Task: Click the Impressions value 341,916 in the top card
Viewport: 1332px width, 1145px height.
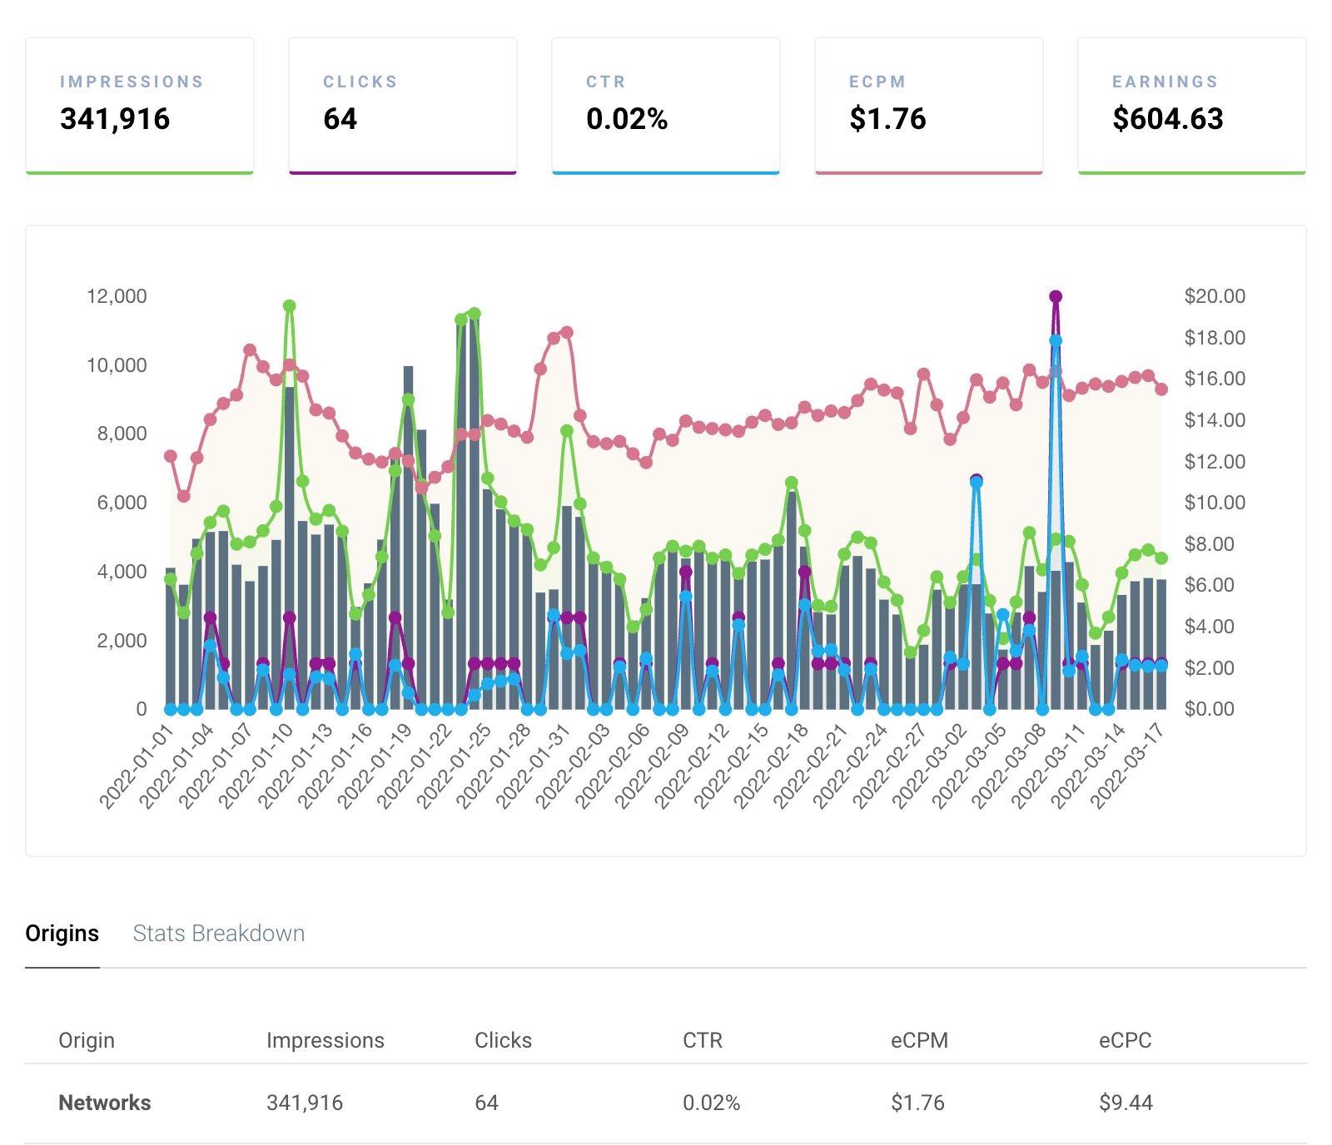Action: click(x=115, y=119)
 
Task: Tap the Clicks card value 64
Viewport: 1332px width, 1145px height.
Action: click(x=340, y=119)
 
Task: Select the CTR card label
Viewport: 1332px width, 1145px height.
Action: click(x=605, y=82)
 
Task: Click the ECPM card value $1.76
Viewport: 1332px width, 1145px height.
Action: click(x=887, y=119)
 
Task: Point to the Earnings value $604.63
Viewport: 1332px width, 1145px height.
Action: click(x=1167, y=119)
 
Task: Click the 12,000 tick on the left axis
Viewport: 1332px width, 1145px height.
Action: click(x=117, y=296)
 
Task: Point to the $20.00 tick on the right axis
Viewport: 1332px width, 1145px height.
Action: click(x=1215, y=296)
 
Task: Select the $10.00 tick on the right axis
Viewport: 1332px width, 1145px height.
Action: click(x=1215, y=503)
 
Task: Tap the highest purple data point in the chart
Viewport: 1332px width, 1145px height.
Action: click(x=1056, y=297)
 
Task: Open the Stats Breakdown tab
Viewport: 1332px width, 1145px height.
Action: click(x=219, y=934)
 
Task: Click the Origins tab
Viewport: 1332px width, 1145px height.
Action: click(x=62, y=934)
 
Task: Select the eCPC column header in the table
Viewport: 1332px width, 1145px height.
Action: click(x=1125, y=1040)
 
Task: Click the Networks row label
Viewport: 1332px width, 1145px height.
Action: click(x=105, y=1103)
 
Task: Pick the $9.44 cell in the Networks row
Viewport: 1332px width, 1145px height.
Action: click(x=1126, y=1103)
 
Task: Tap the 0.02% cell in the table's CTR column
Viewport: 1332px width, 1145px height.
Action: click(x=711, y=1103)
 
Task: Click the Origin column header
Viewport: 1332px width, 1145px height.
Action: click(x=87, y=1040)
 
